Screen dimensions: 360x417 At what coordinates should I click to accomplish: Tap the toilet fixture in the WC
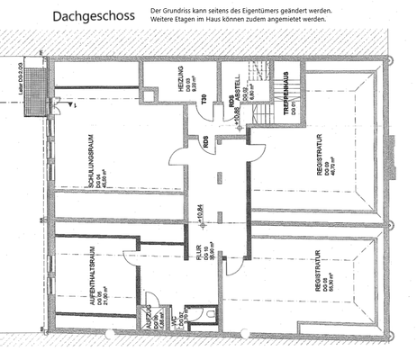tap(209, 314)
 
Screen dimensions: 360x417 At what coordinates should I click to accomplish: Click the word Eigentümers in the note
tap(274, 9)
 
